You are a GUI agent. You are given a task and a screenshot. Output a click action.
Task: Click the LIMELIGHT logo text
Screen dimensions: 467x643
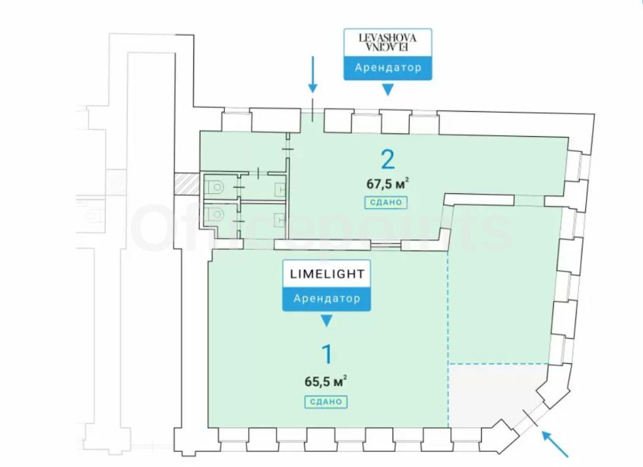coord(327,274)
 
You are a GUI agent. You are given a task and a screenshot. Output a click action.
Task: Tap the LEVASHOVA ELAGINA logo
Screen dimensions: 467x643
coord(387,42)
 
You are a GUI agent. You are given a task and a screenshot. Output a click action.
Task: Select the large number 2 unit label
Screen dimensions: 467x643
coord(388,160)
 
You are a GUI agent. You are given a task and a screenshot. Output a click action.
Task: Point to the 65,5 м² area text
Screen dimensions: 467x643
coord(327,380)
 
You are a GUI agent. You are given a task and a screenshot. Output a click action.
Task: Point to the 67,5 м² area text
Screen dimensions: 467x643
coord(388,184)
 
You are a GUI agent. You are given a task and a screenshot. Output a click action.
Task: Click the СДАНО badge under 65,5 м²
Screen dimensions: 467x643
coord(327,402)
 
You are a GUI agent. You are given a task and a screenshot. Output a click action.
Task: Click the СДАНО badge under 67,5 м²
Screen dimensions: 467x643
coord(382,203)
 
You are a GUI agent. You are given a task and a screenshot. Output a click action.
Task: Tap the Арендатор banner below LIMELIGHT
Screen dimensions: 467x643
coord(327,298)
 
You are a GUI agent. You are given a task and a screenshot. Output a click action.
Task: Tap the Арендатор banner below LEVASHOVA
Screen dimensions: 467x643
coord(387,68)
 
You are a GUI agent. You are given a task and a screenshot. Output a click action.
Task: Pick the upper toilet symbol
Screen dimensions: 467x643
coord(215,186)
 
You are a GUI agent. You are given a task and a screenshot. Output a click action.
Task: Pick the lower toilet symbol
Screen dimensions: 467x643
coord(217,214)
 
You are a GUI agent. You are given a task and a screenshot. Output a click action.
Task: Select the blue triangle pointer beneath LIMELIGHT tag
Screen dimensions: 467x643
coord(326,321)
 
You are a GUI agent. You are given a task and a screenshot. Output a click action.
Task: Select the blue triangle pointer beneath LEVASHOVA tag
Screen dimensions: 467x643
coord(387,90)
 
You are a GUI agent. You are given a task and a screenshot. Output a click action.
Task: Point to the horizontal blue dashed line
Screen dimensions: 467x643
coord(499,363)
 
